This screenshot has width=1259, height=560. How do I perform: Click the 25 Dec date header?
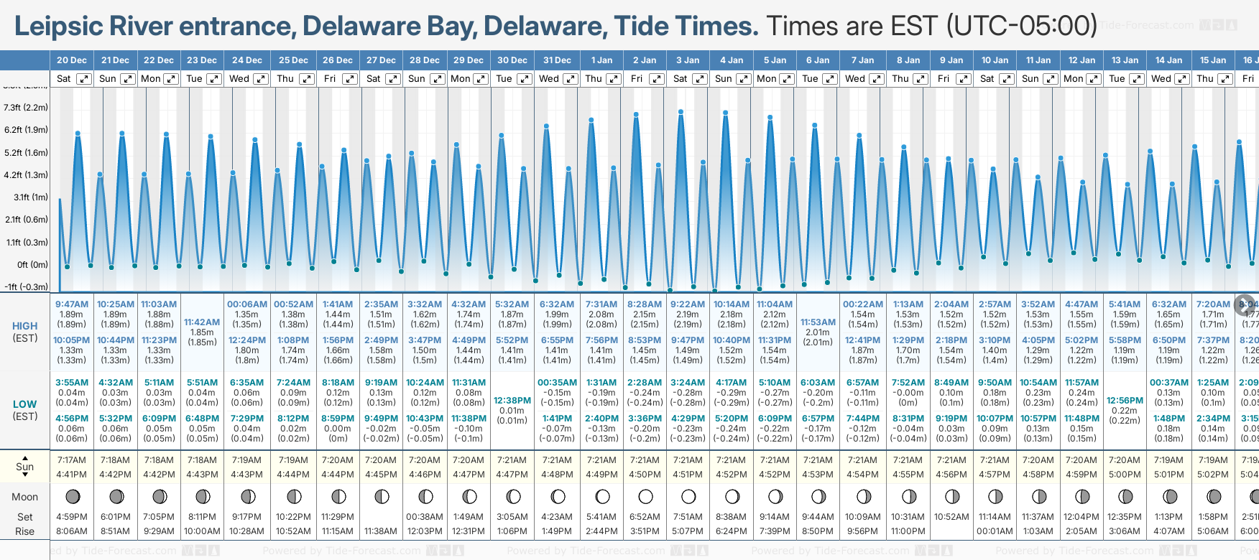coord(293,60)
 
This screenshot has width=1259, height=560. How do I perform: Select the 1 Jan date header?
coord(601,60)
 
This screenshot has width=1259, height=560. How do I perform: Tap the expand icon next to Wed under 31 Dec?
coord(570,79)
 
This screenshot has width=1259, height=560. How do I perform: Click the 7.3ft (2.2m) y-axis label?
coord(26,108)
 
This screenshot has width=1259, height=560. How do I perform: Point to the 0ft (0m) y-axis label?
coord(32,264)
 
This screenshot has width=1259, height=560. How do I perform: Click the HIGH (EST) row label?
coord(24,332)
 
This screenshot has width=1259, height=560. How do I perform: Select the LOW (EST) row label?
coord(24,410)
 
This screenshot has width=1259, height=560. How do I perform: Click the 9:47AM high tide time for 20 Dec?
coord(72,304)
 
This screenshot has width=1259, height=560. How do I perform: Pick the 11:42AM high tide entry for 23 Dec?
coord(202,322)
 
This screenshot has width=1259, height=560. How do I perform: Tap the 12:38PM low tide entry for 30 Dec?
coord(512,401)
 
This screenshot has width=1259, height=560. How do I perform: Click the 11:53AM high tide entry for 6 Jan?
coord(818,322)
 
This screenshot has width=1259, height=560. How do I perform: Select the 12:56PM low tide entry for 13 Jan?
coord(1125,401)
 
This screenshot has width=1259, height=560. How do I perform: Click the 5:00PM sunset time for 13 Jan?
coord(1125,475)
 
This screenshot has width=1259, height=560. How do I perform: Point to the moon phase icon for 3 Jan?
coord(688,496)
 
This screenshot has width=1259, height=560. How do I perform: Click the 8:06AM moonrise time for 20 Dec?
coord(72,531)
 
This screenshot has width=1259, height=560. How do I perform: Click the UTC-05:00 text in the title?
coord(1021,26)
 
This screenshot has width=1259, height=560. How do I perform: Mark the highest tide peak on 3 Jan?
coord(681,111)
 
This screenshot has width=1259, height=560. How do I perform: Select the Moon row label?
coord(24,497)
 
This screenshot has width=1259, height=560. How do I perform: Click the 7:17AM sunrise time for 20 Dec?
coord(72,460)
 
